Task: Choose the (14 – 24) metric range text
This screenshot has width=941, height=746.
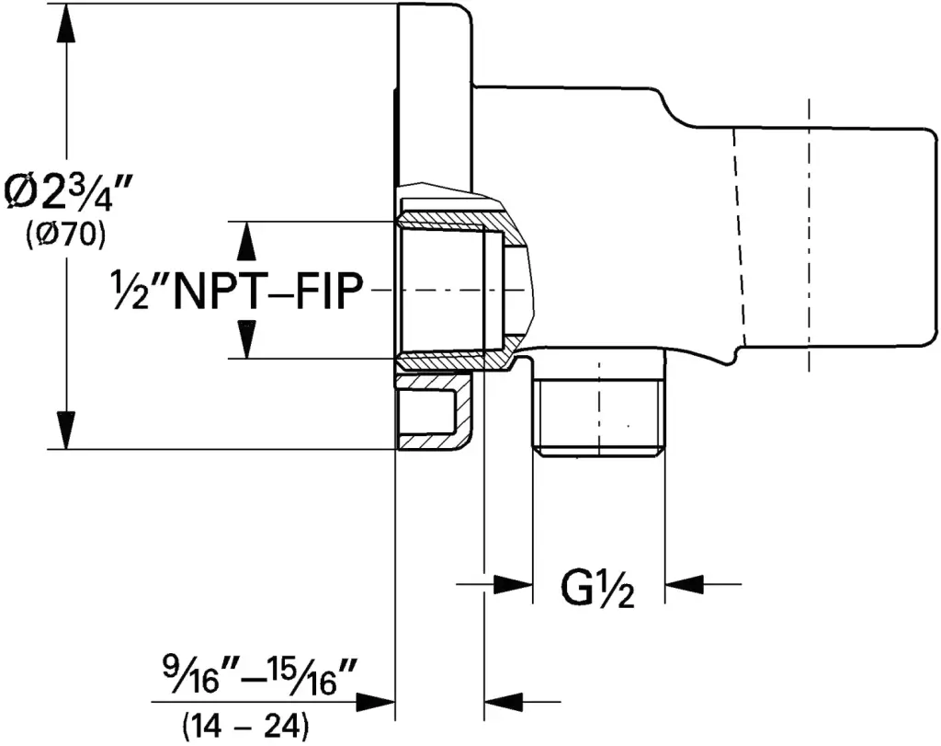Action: [246, 726]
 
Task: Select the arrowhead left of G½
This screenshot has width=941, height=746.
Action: [513, 582]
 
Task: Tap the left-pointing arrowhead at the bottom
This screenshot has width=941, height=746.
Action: [504, 701]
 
